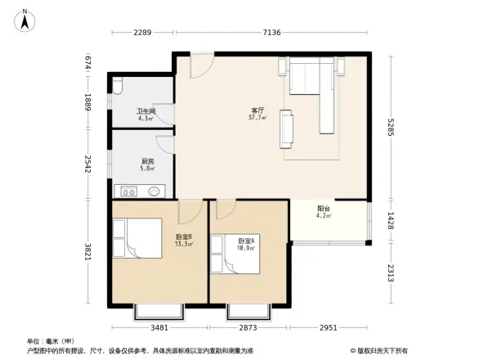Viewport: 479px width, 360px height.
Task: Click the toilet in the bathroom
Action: tap(119, 86)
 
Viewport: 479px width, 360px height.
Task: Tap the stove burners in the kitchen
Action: tap(129, 191)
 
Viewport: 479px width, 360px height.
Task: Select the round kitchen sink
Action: tap(154, 191)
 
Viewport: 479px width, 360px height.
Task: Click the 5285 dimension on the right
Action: tap(393, 126)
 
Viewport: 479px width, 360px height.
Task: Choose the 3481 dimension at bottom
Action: tap(159, 327)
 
